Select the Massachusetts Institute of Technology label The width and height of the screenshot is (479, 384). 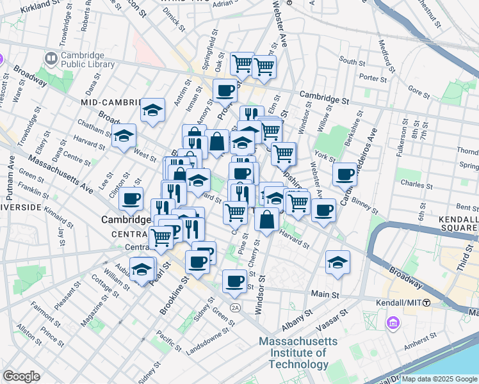tap(301, 353)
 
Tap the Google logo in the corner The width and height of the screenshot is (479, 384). tap(21, 376)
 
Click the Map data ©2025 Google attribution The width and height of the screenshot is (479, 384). tap(439, 379)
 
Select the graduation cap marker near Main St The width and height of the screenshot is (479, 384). tap(337, 262)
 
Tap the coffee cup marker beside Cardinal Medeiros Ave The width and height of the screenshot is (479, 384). tap(345, 173)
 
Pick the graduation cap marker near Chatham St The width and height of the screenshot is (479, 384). tap(124, 136)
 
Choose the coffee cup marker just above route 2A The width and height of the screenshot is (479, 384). tap(235, 280)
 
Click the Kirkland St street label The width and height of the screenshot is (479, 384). tap(39, 8)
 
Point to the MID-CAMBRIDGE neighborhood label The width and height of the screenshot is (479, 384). tap(111, 102)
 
